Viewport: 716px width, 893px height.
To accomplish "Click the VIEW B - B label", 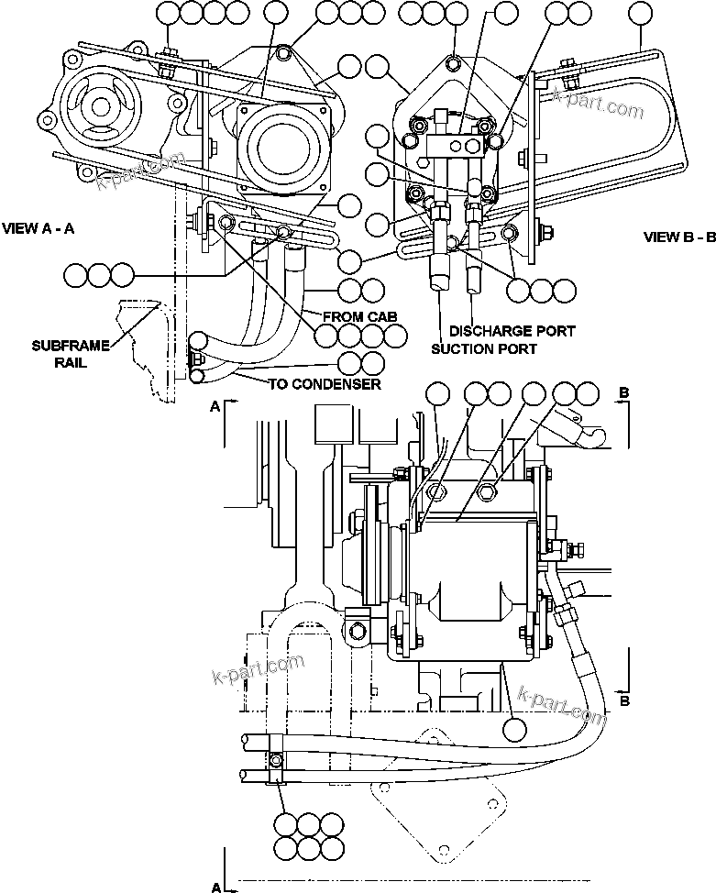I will click(678, 237).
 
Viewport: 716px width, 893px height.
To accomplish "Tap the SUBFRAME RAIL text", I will click(70, 353).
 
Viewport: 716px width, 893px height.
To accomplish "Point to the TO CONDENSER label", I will click(324, 384).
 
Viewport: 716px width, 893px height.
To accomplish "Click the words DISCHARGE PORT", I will click(512, 330).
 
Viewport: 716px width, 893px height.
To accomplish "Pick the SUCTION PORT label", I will click(484, 348).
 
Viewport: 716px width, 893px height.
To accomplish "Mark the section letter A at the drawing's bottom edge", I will click(216, 887).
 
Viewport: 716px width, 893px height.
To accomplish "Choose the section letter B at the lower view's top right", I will click(624, 392).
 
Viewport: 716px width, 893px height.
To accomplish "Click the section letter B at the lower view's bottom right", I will click(624, 701).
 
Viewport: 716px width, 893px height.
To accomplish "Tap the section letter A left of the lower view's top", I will click(215, 409).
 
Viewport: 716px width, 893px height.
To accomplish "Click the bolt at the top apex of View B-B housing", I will click(455, 61).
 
